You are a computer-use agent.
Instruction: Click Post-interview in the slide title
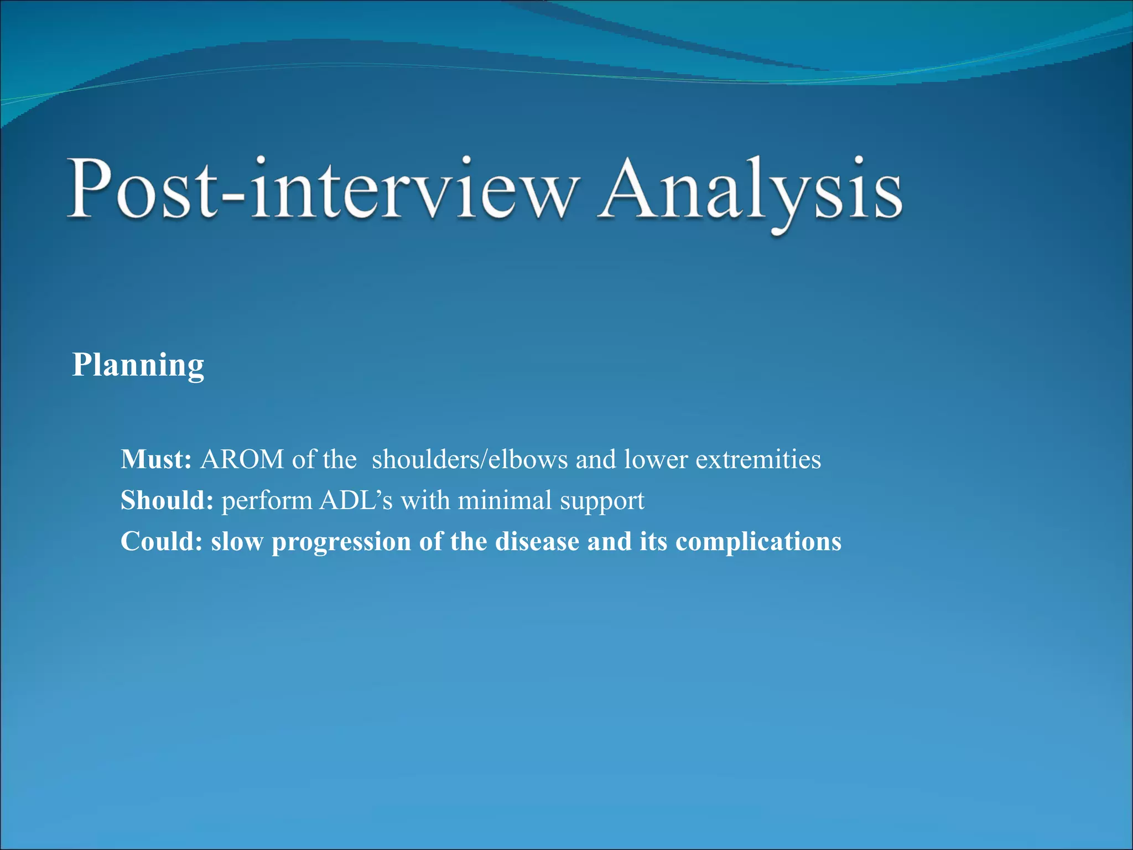tap(324, 191)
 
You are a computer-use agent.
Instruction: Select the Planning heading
tap(138, 366)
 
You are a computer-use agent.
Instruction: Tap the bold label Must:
tap(156, 459)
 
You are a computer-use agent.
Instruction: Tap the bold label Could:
tap(162, 541)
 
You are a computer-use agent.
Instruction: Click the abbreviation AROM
tap(242, 459)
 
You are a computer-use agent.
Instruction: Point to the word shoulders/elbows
tap(470, 460)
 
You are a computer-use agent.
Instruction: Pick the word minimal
tap(505, 500)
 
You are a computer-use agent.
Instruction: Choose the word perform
tap(267, 501)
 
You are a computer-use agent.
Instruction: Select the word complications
tap(758, 542)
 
